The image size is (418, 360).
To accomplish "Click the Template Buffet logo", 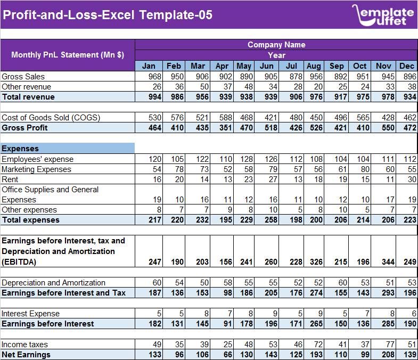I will (382, 14).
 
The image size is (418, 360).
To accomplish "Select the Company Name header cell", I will (276, 45).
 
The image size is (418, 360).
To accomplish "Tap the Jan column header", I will (149, 66).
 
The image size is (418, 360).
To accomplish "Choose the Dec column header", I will (407, 66).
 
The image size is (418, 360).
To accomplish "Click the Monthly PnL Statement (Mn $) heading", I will (68, 55).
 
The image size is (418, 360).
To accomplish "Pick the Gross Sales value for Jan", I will (149, 77).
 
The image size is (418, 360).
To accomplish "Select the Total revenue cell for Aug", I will (314, 97).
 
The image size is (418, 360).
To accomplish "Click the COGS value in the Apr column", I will (222, 118).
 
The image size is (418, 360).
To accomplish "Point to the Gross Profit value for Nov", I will (383, 128).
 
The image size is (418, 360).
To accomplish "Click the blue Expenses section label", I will (68, 149).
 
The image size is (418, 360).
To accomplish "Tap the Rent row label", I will (10, 179).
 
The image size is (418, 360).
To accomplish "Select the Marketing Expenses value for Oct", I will (360, 169).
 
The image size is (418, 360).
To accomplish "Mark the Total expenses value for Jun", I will (267, 220).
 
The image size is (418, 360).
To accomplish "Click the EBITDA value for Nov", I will (383, 262).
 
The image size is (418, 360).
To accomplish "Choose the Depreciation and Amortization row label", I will (53, 283).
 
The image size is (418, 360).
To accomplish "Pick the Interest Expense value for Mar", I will (198, 314).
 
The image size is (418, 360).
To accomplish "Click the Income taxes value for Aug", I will (314, 345).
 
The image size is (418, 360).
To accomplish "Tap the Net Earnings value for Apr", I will (222, 355).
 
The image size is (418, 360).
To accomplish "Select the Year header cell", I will (276, 55).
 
